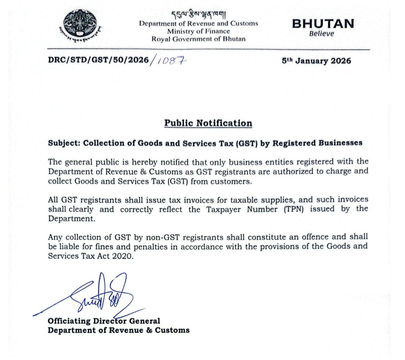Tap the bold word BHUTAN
[323, 24]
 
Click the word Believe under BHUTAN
[322, 34]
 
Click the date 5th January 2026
[316, 61]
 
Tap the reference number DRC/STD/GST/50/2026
[98, 61]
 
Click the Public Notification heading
[208, 123]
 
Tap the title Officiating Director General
[104, 321]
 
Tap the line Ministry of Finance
[198, 31]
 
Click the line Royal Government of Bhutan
[198, 39]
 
